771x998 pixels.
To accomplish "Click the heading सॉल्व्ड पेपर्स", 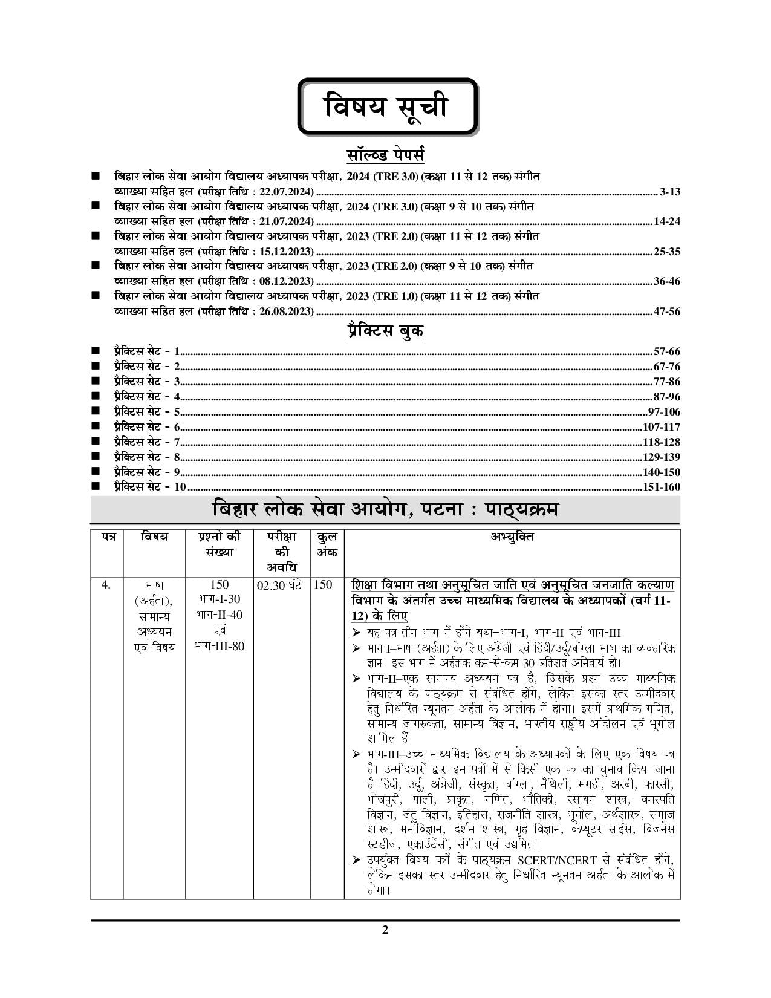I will [x=385, y=154].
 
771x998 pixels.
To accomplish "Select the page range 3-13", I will [x=670, y=192].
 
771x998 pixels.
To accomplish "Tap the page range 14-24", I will [x=666, y=221].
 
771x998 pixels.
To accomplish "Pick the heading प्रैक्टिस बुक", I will [x=385, y=331].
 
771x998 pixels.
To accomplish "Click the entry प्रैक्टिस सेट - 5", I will [x=147, y=412].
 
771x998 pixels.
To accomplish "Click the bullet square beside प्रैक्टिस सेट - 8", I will [x=95, y=457].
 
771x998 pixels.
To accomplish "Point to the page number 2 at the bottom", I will [x=385, y=930].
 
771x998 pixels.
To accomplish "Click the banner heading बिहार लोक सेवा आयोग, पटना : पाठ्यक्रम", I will [x=385, y=510].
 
